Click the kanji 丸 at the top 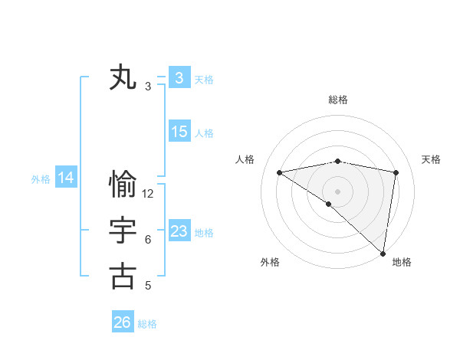coord(123,78)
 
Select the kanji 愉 coord(123,185)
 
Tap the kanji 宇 coord(123,231)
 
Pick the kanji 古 coord(123,276)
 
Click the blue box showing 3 coord(179,78)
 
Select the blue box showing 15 coord(179,132)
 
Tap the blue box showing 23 coord(179,231)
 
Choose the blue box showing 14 coord(66,178)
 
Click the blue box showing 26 coord(122,322)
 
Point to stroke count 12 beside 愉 coord(148,194)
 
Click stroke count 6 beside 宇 coord(148,240)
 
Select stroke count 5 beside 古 coord(148,286)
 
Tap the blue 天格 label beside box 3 coord(204,80)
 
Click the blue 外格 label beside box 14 coord(41,179)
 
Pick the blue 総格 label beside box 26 coord(147,324)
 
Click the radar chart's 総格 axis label coord(338,100)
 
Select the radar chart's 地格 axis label coord(402,262)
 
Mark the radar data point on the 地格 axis coord(383,253)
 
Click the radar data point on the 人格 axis coord(280,172)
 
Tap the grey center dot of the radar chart coord(337,190)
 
